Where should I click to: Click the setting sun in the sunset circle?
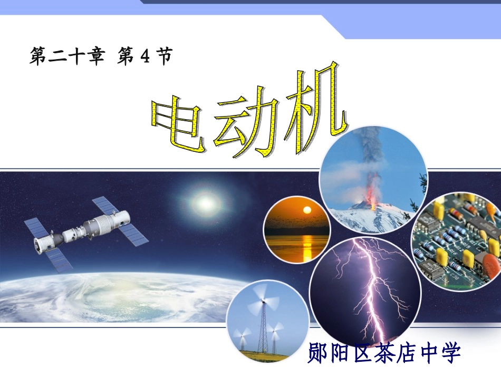click(305, 210)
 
